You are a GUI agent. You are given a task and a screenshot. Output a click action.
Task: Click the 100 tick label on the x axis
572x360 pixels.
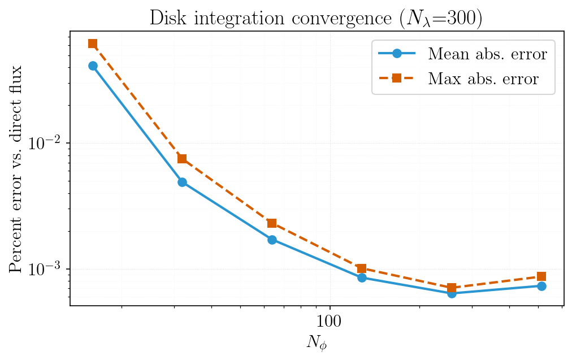coord(330,323)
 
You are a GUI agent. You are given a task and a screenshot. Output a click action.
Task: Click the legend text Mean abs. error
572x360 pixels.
coord(487,54)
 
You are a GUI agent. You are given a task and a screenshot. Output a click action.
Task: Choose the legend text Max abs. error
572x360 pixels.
coord(483,79)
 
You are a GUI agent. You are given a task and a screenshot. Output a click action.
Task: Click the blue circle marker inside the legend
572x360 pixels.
coord(397,54)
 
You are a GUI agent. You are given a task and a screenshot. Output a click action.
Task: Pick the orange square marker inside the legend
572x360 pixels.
coord(397,78)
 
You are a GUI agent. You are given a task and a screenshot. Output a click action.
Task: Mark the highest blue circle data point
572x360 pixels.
coord(93,66)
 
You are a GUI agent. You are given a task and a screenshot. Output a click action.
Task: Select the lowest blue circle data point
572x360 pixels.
coord(452,293)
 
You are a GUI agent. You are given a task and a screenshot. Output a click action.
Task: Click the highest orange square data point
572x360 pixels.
coord(93,44)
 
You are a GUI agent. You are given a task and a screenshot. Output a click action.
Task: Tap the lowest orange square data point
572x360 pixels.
coord(452,288)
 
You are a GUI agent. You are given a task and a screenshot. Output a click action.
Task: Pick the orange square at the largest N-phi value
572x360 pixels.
coord(541,276)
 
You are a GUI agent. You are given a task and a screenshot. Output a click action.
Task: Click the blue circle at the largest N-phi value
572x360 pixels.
coord(541,286)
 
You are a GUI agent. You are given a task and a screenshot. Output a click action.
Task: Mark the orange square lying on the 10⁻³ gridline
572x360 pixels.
coord(362,268)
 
